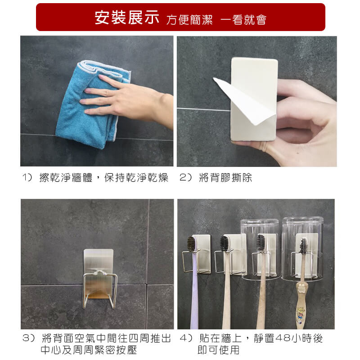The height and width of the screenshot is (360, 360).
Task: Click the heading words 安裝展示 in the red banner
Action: point(127,18)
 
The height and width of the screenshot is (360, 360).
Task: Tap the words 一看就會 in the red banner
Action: point(243,19)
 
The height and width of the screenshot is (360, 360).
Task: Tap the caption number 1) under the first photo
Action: point(27,177)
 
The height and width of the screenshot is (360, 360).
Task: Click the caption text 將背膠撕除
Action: point(225,177)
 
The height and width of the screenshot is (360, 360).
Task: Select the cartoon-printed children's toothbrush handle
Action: point(301,306)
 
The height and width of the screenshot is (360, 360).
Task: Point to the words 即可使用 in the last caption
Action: point(218,350)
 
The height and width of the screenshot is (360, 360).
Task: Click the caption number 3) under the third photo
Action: point(28,338)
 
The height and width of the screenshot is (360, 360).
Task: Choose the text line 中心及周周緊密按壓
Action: point(89,350)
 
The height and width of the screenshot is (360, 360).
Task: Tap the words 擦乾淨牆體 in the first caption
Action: point(66,177)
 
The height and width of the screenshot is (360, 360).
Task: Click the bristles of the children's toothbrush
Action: point(303,246)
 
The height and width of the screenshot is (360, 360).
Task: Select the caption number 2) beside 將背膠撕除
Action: point(185,177)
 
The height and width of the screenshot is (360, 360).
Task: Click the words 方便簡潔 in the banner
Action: point(189,20)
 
